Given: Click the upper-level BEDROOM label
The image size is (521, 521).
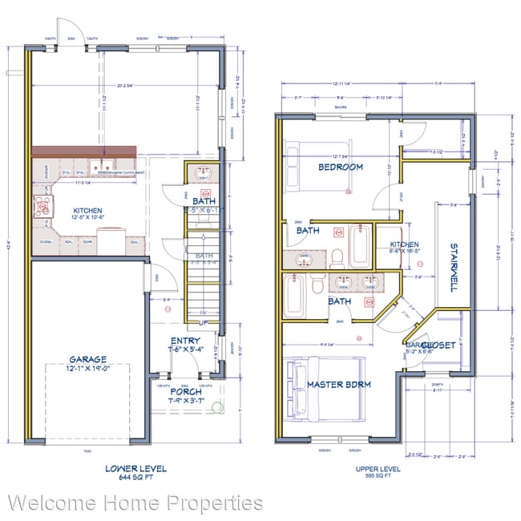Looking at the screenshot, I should [x=340, y=168].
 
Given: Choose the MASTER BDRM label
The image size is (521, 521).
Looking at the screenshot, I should [x=339, y=385].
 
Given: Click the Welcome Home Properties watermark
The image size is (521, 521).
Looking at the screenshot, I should [x=135, y=503].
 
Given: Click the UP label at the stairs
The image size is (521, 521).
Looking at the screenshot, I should [x=204, y=322].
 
